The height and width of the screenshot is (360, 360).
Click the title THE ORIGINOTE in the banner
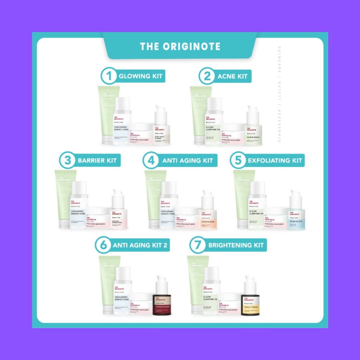coord(180,46)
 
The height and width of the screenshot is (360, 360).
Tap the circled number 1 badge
coord(109,76)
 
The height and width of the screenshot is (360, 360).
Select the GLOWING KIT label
coord(140,76)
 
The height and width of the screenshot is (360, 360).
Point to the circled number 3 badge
coord(67,161)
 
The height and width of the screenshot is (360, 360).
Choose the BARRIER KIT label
coord(97,161)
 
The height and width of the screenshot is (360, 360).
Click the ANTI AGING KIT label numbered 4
coord(187,161)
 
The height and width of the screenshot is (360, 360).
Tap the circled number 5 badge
coord(238,161)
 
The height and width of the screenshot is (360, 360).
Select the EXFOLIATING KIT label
coord(275,161)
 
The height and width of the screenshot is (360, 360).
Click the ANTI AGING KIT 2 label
coord(140,245)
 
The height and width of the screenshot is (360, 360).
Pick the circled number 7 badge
coord(197,245)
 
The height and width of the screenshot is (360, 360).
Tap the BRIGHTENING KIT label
coord(236,245)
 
